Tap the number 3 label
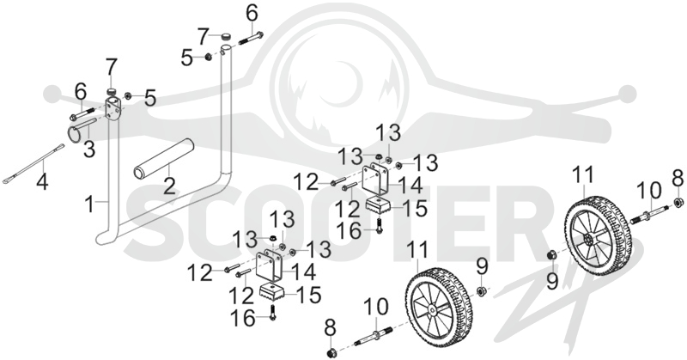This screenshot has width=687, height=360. (x=89, y=149)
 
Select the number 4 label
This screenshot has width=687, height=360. (x=42, y=180)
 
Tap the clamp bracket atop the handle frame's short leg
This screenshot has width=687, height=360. (x=113, y=111)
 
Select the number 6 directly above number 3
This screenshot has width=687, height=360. (x=81, y=93)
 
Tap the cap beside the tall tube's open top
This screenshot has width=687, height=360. (x=225, y=36)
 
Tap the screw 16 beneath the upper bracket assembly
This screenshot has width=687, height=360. (x=379, y=225)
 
